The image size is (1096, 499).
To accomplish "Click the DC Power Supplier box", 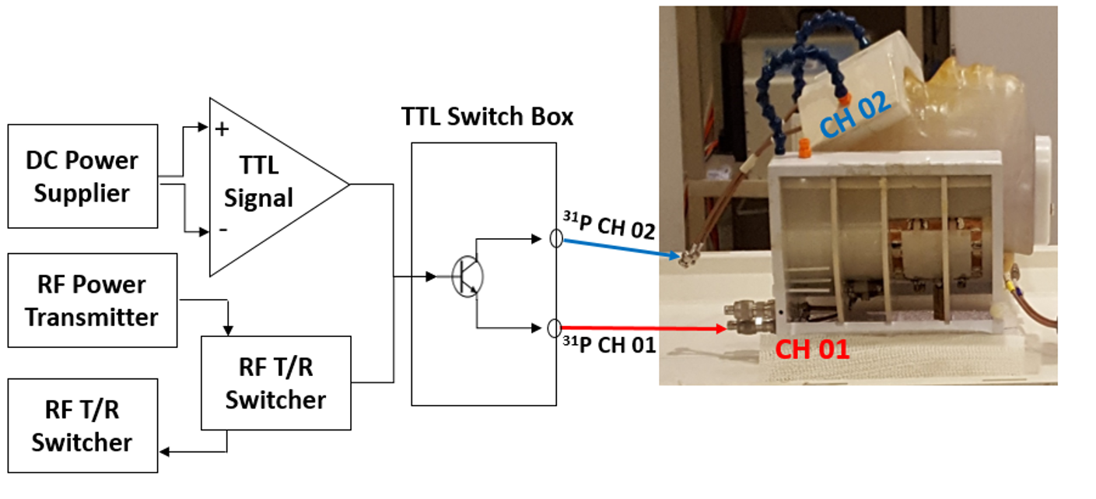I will [82, 176].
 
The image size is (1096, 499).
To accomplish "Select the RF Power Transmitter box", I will [92, 300].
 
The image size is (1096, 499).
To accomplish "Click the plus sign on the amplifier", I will [222, 128].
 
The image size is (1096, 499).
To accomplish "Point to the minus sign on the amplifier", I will [223, 230].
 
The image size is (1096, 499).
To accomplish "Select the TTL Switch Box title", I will [487, 117].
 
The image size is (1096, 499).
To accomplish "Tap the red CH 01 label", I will [812, 350].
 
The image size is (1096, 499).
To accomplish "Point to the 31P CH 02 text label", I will [608, 230].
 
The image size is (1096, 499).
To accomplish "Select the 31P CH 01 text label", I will [608, 343].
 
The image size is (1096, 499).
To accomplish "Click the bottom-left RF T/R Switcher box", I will [82, 425].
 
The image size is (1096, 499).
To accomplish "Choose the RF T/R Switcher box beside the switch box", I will [275, 382].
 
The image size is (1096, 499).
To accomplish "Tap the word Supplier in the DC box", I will [82, 193].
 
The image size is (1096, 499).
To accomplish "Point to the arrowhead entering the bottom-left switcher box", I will [164, 451].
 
